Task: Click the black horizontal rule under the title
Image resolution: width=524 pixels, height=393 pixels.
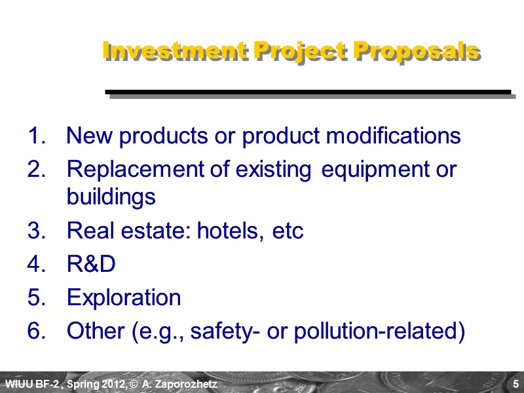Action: (308, 92)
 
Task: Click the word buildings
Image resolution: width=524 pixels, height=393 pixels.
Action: (111, 196)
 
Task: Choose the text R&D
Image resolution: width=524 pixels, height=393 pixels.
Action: (91, 265)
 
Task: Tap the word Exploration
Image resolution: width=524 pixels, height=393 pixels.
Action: (124, 298)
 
